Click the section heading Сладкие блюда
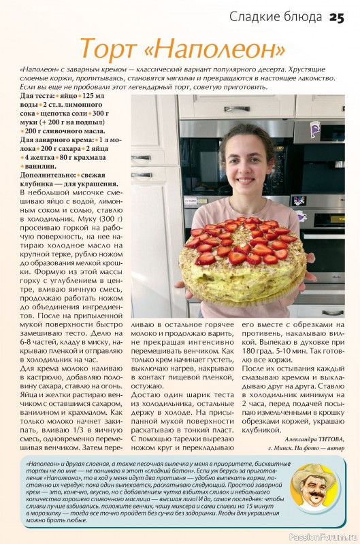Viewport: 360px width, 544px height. tap(276, 16)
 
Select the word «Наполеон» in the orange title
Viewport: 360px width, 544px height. tap(217, 49)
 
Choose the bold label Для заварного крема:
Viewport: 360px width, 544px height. tap(60, 139)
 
